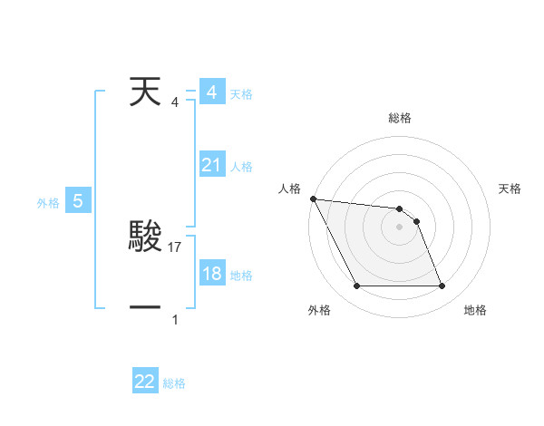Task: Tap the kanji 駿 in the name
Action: tap(145, 237)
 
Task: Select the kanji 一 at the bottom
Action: tap(145, 308)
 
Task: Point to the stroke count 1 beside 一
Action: tap(175, 319)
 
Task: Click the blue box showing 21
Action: tap(212, 165)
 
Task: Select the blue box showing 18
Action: tap(212, 274)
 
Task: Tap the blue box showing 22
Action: tap(145, 382)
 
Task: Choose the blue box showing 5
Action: tap(78, 201)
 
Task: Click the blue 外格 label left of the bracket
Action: tap(48, 203)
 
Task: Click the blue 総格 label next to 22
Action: tap(174, 383)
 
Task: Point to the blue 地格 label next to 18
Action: tap(241, 276)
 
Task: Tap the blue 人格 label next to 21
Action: tap(241, 167)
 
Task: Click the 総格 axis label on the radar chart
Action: tap(400, 118)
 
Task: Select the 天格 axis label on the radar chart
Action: tap(510, 189)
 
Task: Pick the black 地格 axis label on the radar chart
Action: tap(475, 310)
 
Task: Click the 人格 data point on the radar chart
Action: tap(313, 198)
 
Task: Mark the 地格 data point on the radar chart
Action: tap(442, 286)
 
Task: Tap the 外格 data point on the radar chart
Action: tap(356, 286)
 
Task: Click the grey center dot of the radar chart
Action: tap(400, 227)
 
